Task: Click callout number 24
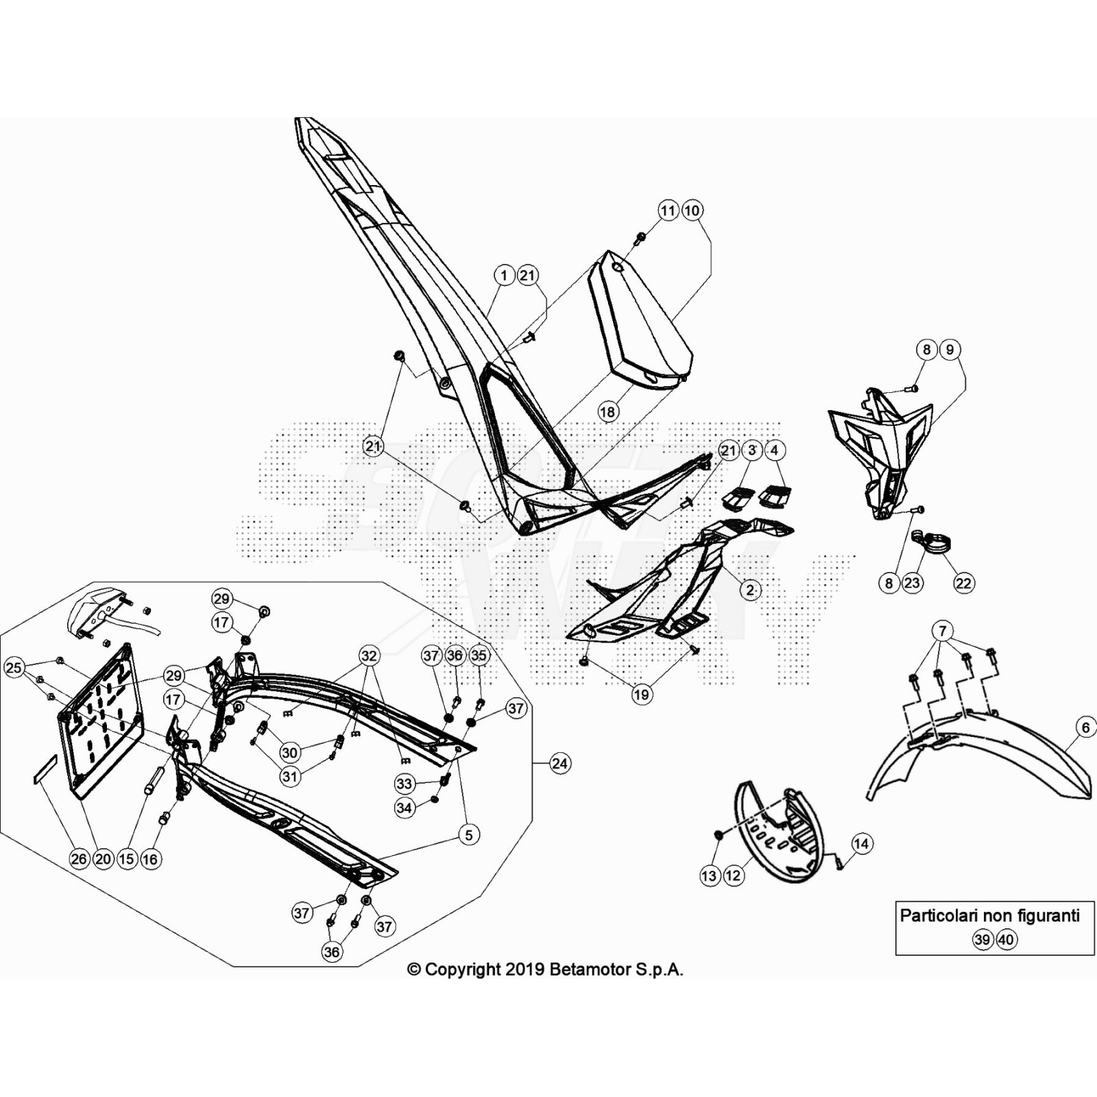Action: pos(560,763)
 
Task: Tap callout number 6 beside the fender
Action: pos(1086,727)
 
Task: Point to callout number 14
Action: pos(861,843)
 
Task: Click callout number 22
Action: pos(963,583)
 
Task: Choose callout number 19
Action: pos(641,695)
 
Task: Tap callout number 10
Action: pos(692,210)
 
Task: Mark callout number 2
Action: pos(750,590)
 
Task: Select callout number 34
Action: pos(405,808)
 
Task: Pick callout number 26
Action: pos(80,858)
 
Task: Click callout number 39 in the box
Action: pos(982,939)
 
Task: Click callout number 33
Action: pos(405,784)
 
